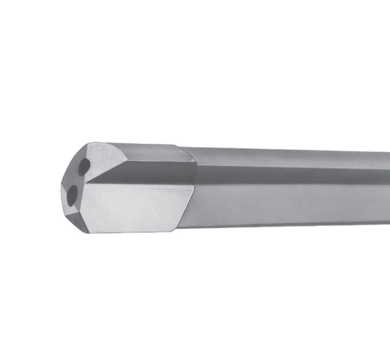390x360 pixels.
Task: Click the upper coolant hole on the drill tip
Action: (84, 165)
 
